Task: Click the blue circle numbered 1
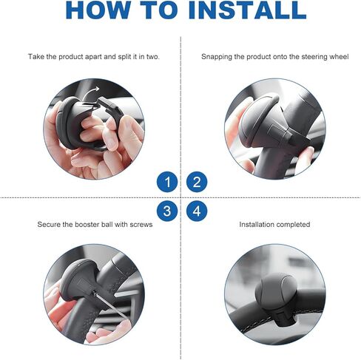coord(167,182)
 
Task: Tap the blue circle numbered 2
coord(197,182)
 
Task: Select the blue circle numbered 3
coord(167,211)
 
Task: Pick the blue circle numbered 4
coord(197,211)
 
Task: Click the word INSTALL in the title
coord(247,10)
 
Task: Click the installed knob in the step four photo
coord(274,291)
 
